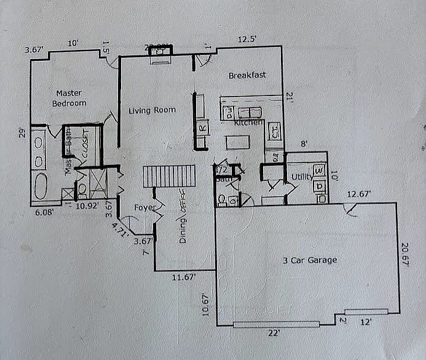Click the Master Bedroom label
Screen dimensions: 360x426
tap(69, 98)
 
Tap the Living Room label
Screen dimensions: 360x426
tap(152, 110)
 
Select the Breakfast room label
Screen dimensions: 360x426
tap(247, 76)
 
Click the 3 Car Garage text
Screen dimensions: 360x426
tap(311, 260)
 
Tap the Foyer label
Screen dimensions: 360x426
tap(144, 207)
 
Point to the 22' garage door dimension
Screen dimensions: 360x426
tap(274, 333)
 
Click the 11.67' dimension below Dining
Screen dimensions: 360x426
tap(184, 278)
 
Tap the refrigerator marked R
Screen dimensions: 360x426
tap(202, 129)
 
